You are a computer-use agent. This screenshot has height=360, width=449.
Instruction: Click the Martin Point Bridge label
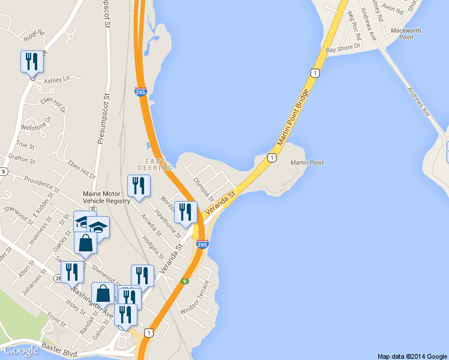coord(294,119)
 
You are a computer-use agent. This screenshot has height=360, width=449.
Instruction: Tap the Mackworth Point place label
coord(406,34)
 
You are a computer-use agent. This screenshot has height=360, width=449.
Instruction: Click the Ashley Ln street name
coord(57,79)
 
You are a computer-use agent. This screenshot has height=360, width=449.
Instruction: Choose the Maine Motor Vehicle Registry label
coord(107,197)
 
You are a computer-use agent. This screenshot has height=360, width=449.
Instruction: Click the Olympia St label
coord(204,189)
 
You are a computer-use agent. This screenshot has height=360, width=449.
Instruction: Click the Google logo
coord(22,350)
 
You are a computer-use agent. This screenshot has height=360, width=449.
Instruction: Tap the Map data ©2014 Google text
coord(412,356)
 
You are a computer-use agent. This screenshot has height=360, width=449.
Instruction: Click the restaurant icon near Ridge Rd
coord(32,61)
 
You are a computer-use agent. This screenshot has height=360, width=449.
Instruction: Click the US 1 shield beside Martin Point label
coord(272,158)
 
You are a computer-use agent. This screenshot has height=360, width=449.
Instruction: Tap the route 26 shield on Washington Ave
coord(57,278)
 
